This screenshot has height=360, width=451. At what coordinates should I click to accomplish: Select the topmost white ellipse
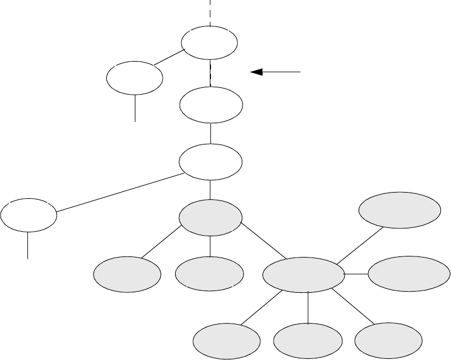click(209, 43)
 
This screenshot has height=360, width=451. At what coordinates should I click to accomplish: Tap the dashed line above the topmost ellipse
click(210, 12)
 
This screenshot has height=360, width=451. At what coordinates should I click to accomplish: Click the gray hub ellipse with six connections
click(303, 274)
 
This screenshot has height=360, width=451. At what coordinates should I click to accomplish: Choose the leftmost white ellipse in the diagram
click(29, 214)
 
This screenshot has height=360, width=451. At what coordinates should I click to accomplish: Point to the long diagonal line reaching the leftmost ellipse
click(120, 192)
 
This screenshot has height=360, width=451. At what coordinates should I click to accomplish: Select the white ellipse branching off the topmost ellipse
click(135, 78)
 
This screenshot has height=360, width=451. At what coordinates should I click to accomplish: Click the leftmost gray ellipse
click(127, 274)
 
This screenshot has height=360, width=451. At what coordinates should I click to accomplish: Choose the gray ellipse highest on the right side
click(399, 210)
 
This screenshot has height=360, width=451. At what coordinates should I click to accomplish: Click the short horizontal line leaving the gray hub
click(356, 274)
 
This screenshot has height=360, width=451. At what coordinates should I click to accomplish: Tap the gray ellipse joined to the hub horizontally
click(408, 274)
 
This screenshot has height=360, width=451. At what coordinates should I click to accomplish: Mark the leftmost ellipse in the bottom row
click(227, 341)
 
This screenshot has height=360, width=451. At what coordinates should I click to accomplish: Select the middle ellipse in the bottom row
click(309, 341)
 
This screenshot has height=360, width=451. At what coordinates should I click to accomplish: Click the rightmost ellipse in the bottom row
click(389, 341)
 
